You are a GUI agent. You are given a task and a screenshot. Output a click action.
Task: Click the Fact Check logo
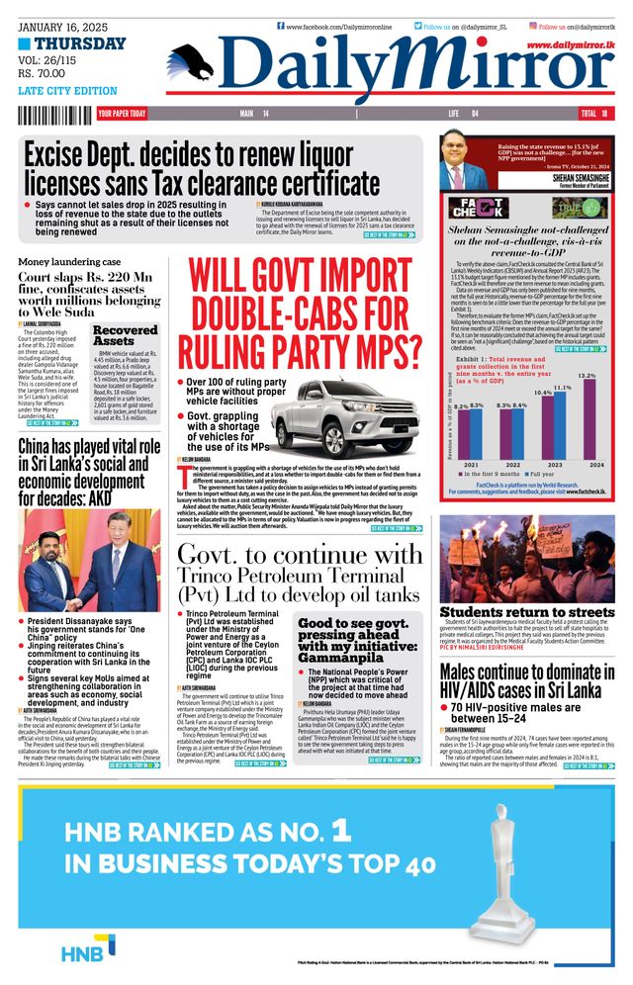pos(479,208)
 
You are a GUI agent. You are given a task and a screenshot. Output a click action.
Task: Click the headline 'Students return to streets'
pos(526,612)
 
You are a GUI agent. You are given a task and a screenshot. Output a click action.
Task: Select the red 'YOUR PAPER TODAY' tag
pos(122,114)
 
